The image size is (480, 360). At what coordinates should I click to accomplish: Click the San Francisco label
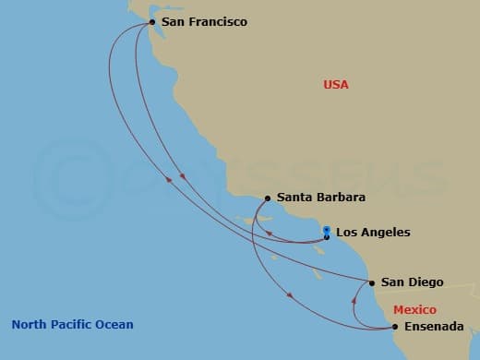pos(203,21)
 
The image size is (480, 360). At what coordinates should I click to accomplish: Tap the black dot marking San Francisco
pos(152,20)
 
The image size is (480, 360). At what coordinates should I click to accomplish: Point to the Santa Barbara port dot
pos(268,198)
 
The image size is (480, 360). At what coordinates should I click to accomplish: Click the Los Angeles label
pos(373,233)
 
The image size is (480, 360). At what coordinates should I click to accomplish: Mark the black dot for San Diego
pos(372,282)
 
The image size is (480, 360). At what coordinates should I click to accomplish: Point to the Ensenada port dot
pos(395,327)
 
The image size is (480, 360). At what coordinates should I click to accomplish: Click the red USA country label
pos(336,85)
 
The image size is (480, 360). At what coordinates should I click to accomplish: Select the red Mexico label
pos(414,310)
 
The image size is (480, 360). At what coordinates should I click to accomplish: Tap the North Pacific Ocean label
pos(72,324)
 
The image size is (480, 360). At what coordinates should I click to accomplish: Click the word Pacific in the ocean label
pos(74,324)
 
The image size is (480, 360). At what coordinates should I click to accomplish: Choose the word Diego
pos(426,282)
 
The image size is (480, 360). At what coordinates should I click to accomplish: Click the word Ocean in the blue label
pos(115,324)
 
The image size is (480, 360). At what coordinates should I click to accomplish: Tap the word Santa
pos(294,198)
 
